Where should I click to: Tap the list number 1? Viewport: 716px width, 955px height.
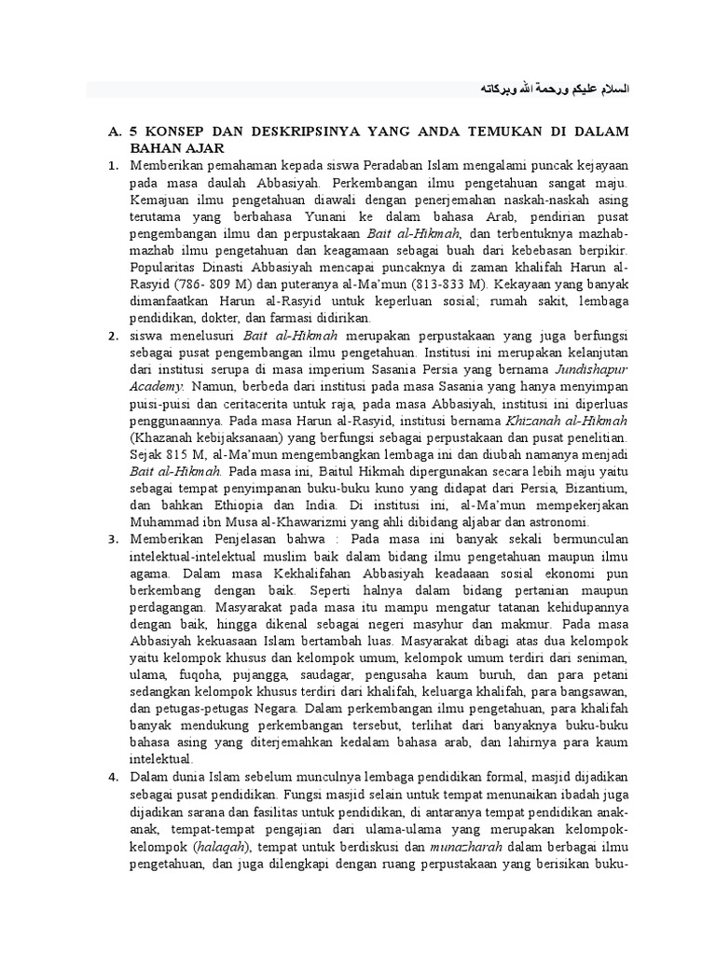coord(112,166)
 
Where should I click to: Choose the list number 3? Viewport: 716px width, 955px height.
coord(112,539)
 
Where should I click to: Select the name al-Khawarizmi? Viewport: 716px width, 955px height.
coord(281,522)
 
